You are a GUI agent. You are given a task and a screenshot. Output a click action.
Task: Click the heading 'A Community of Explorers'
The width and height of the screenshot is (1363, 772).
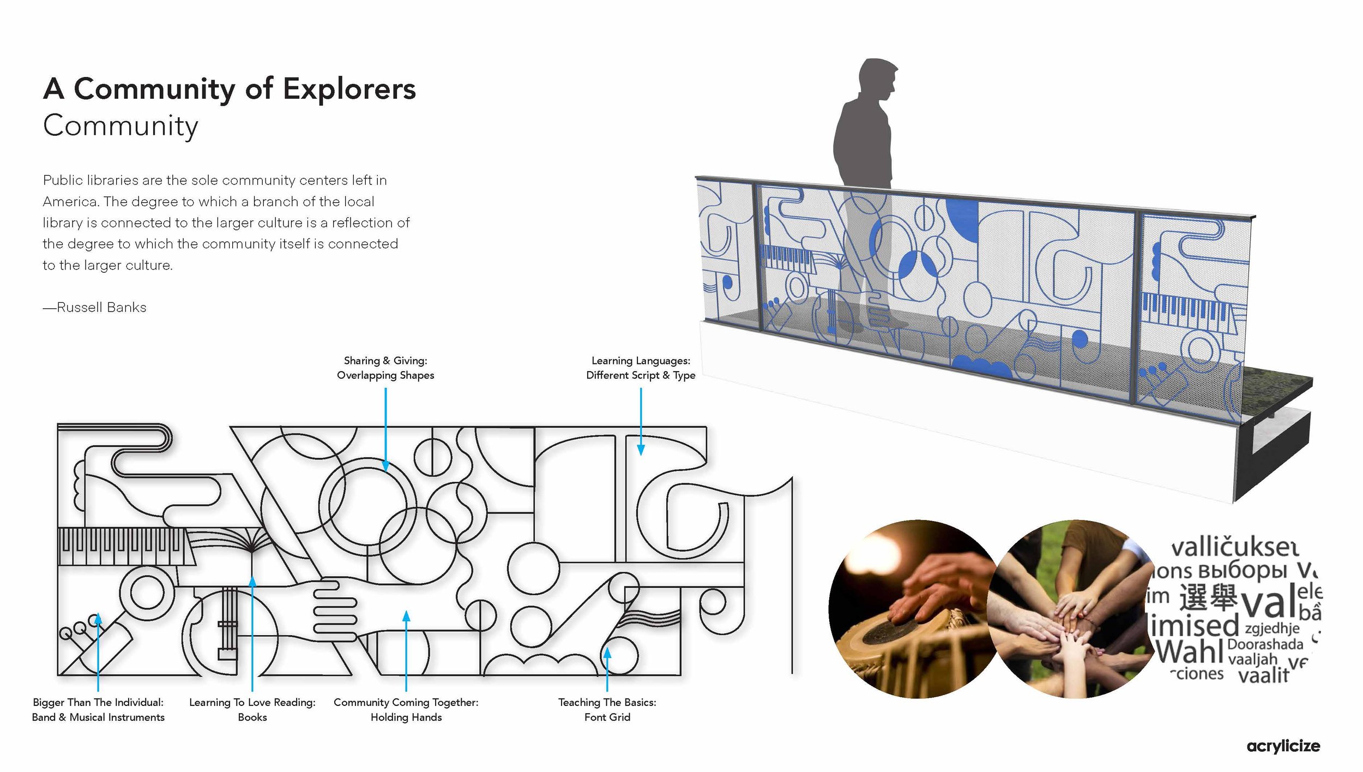point(229,89)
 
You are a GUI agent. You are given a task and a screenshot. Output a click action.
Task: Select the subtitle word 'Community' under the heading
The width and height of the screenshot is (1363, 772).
point(120,126)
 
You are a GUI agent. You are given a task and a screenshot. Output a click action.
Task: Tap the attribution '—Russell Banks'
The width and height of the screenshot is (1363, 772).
point(95,308)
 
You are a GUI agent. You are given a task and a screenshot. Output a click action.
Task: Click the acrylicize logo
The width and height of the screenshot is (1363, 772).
point(1283,746)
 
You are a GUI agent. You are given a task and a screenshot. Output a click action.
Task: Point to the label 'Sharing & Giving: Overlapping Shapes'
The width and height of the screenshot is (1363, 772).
point(385,368)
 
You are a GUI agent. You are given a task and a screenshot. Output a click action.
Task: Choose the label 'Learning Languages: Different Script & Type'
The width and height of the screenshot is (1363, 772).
point(641,368)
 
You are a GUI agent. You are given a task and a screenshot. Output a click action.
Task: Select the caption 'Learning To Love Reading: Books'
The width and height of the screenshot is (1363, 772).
point(252,709)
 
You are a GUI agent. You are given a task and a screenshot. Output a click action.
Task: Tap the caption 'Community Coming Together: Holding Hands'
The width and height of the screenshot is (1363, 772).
point(406,709)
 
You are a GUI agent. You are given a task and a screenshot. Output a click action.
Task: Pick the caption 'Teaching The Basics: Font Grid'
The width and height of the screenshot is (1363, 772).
point(607,709)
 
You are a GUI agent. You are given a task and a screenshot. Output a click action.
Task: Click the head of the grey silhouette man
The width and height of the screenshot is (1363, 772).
point(876,79)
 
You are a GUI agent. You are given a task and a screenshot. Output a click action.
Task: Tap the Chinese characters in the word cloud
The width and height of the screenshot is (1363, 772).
point(1207,597)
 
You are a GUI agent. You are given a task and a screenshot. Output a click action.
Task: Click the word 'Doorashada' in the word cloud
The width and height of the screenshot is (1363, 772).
point(1265,644)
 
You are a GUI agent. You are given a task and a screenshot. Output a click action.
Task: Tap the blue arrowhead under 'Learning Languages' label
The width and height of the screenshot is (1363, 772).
point(641,450)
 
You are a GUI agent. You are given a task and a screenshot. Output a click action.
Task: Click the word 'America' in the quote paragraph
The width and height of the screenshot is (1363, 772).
point(70,202)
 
